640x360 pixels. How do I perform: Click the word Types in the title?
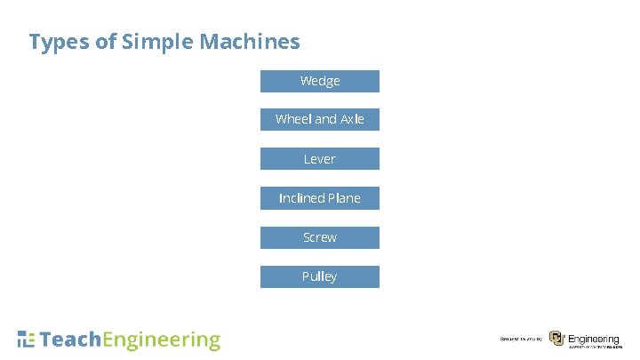click(60, 42)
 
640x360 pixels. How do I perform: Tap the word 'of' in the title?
click(106, 42)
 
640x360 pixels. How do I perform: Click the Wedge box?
click(319, 81)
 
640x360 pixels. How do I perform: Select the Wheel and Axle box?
click(319, 119)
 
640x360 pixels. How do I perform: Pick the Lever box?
click(319, 159)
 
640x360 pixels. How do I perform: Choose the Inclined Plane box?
click(319, 198)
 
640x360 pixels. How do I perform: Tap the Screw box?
click(319, 237)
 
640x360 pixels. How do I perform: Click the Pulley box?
click(319, 276)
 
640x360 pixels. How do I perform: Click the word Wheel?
click(293, 119)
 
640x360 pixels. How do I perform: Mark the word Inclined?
click(301, 198)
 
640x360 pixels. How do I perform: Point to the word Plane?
click(344, 198)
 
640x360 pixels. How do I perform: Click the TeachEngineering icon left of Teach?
click(27, 339)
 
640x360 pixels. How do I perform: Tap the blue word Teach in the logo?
click(71, 340)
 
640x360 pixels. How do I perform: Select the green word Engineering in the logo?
click(162, 340)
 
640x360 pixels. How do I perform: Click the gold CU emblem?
click(556, 339)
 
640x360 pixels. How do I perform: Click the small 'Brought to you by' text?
click(521, 340)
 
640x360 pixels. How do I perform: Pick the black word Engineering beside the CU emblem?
click(593, 338)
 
